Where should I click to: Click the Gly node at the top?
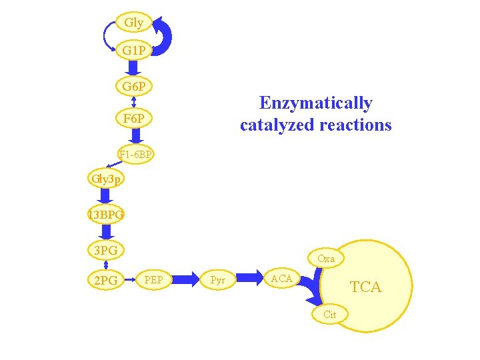tap(133, 23)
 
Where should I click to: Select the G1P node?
tap(134, 50)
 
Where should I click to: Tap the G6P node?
tap(134, 87)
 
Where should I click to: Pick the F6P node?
tap(134, 119)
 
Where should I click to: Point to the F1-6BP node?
tap(136, 155)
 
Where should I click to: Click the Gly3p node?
tap(104, 179)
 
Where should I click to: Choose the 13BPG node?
tap(105, 215)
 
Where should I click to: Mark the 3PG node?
tap(105, 250)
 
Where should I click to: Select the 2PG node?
tap(105, 281)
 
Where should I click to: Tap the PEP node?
tap(158, 279)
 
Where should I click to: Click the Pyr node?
tap(217, 281)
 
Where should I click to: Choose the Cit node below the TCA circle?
tap(329, 315)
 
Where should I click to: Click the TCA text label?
tap(366, 287)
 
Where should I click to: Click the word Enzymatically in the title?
tap(315, 103)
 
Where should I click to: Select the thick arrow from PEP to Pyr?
tap(187, 280)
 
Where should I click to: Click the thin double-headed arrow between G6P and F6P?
tap(134, 102)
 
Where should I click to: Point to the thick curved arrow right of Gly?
tap(164, 37)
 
